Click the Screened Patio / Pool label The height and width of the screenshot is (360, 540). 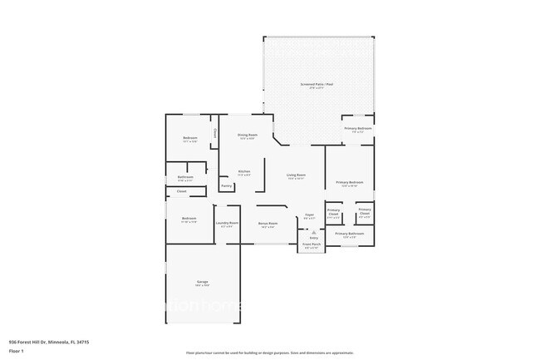(x=317, y=84)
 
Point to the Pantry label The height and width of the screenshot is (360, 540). (x=226, y=185)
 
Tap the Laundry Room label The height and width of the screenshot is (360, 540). (x=227, y=223)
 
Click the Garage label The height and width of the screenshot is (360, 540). (x=202, y=283)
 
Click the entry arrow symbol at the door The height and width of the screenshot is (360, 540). (x=313, y=232)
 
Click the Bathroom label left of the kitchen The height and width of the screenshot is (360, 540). (x=185, y=176)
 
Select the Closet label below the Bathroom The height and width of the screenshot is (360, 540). (x=181, y=192)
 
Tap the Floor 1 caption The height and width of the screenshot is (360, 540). (x=17, y=350)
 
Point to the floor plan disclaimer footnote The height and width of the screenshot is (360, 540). (x=269, y=353)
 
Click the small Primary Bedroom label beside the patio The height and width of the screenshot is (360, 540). (x=358, y=128)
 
